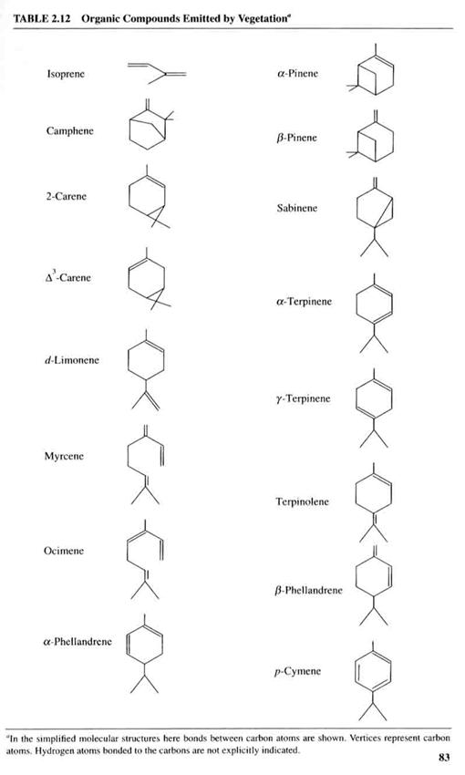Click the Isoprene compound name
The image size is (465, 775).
click(66, 74)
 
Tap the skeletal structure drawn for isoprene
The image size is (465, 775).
click(157, 73)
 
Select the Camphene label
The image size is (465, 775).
click(69, 131)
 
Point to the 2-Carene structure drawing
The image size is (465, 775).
click(148, 197)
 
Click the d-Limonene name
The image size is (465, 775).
click(72, 360)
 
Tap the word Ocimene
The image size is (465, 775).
click(64, 551)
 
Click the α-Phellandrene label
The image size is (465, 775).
click(77, 642)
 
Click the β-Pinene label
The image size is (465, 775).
click(296, 138)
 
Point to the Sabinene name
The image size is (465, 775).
click(297, 208)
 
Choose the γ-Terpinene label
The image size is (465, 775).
click(303, 398)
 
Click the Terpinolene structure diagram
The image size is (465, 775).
click(374, 502)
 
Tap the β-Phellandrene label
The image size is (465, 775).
click(308, 590)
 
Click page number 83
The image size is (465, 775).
click(444, 757)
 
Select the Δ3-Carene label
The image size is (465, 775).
click(67, 277)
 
